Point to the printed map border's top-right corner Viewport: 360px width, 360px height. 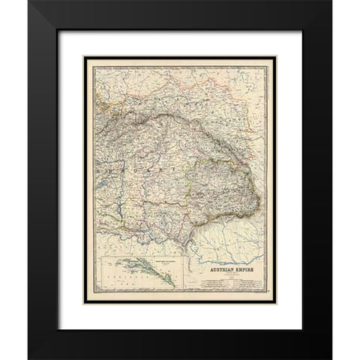tap(274, 52)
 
